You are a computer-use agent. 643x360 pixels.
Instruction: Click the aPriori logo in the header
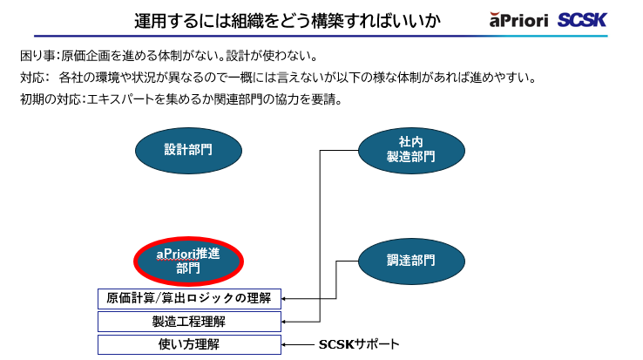[518, 19]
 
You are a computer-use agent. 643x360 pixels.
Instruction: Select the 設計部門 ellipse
[187, 149]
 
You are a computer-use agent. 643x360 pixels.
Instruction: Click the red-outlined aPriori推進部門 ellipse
[187, 261]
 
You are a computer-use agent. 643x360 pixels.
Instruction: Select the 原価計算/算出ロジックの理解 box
[189, 298]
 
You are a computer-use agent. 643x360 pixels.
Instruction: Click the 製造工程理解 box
[189, 322]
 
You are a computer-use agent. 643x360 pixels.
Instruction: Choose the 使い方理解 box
[189, 344]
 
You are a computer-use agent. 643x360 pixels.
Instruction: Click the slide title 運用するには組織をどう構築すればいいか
[287, 20]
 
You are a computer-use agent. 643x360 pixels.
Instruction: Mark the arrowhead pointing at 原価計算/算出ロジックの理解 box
[287, 298]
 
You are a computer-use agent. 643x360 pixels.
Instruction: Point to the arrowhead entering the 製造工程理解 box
[287, 322]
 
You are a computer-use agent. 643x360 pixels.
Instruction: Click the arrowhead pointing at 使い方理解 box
[287, 344]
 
